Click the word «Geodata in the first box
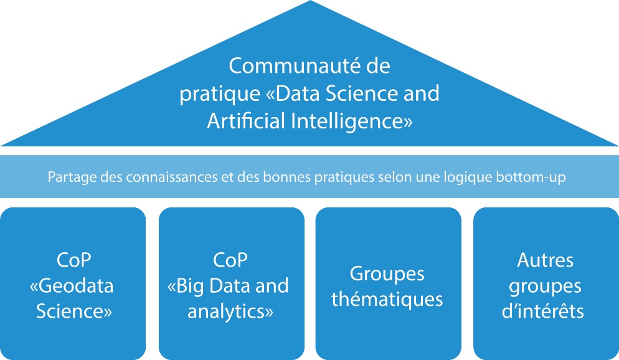[x=72, y=286]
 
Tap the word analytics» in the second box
[x=230, y=311]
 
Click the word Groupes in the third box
[x=387, y=273]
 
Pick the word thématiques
[x=387, y=299]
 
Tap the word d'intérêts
[x=543, y=311]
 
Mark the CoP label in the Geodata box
[x=73, y=260]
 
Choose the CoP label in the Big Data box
[x=230, y=260]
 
